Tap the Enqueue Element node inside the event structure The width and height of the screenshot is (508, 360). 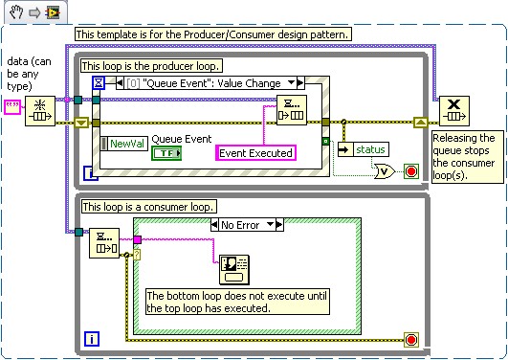[x=292, y=111]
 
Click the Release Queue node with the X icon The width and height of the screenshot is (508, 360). [x=452, y=111]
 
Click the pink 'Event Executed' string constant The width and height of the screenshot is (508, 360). [x=255, y=152]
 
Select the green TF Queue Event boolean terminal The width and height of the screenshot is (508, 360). [x=168, y=152]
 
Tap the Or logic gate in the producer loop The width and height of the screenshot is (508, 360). [x=383, y=172]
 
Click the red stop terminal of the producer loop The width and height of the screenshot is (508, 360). [x=411, y=172]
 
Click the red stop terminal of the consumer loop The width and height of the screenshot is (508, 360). [x=411, y=339]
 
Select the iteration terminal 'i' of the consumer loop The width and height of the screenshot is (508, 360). [x=91, y=339]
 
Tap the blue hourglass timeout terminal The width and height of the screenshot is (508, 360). [x=97, y=84]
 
